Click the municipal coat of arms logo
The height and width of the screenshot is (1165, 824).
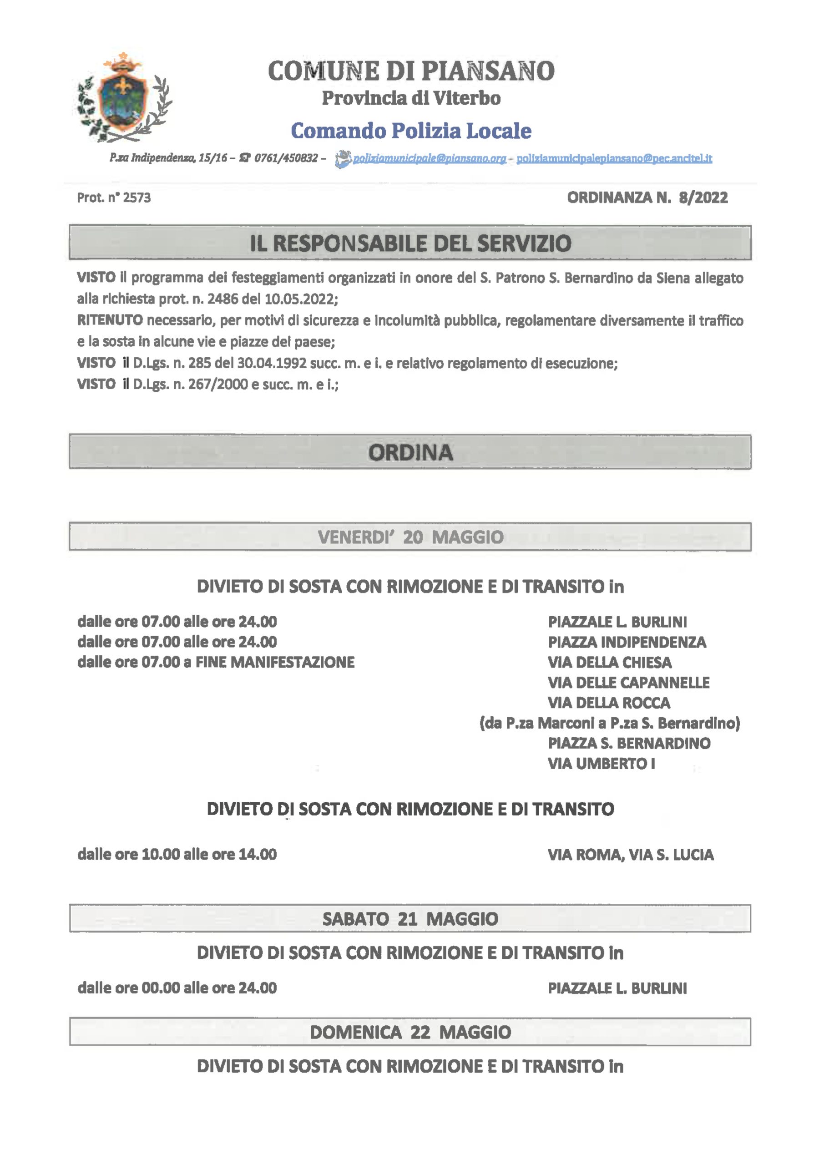coord(124,98)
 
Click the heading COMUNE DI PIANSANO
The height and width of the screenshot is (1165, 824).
coord(411,71)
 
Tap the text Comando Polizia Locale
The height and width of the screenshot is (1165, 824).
coord(411,131)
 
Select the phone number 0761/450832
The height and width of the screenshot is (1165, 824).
coord(286,158)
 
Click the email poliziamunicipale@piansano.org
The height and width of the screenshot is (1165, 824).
coord(429,159)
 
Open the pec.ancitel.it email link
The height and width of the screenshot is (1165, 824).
coord(614,159)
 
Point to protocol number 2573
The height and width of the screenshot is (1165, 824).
coord(136,198)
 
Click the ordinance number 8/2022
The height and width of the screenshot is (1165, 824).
coord(703,198)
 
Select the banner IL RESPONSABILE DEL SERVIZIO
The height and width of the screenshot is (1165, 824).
coord(410,243)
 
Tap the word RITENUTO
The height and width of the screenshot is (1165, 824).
coord(110,321)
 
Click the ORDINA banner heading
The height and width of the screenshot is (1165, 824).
coord(410,452)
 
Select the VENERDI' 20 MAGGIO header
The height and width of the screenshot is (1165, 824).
coord(410,537)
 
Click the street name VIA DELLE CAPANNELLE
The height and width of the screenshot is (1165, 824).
coord(628,683)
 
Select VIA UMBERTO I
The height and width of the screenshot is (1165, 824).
coord(601,764)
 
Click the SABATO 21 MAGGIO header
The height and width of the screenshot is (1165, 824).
coord(410,919)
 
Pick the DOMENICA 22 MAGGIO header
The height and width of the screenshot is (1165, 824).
coord(410,1032)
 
